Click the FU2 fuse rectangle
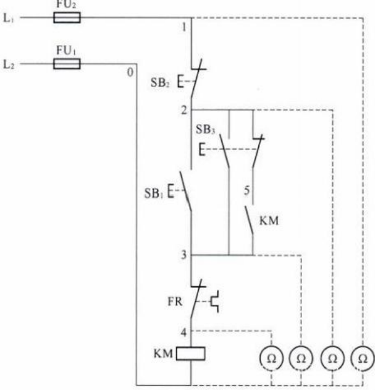(x=67, y=17)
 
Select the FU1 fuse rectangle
(x=67, y=64)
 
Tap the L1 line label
(x=9, y=18)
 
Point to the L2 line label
(x=9, y=65)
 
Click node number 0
(x=130, y=72)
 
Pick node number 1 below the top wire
(x=184, y=27)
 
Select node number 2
(x=184, y=110)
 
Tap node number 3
(x=183, y=255)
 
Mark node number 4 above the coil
(x=183, y=333)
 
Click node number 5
(x=246, y=190)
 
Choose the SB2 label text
(x=160, y=83)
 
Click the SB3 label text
(x=205, y=129)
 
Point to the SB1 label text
(x=153, y=193)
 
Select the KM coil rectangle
(x=191, y=354)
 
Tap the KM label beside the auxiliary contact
(x=269, y=221)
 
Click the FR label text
(x=175, y=302)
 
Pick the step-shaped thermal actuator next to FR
(x=215, y=301)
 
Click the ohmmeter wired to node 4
(x=271, y=358)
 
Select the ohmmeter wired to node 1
(x=363, y=358)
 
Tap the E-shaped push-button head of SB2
(x=181, y=81)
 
